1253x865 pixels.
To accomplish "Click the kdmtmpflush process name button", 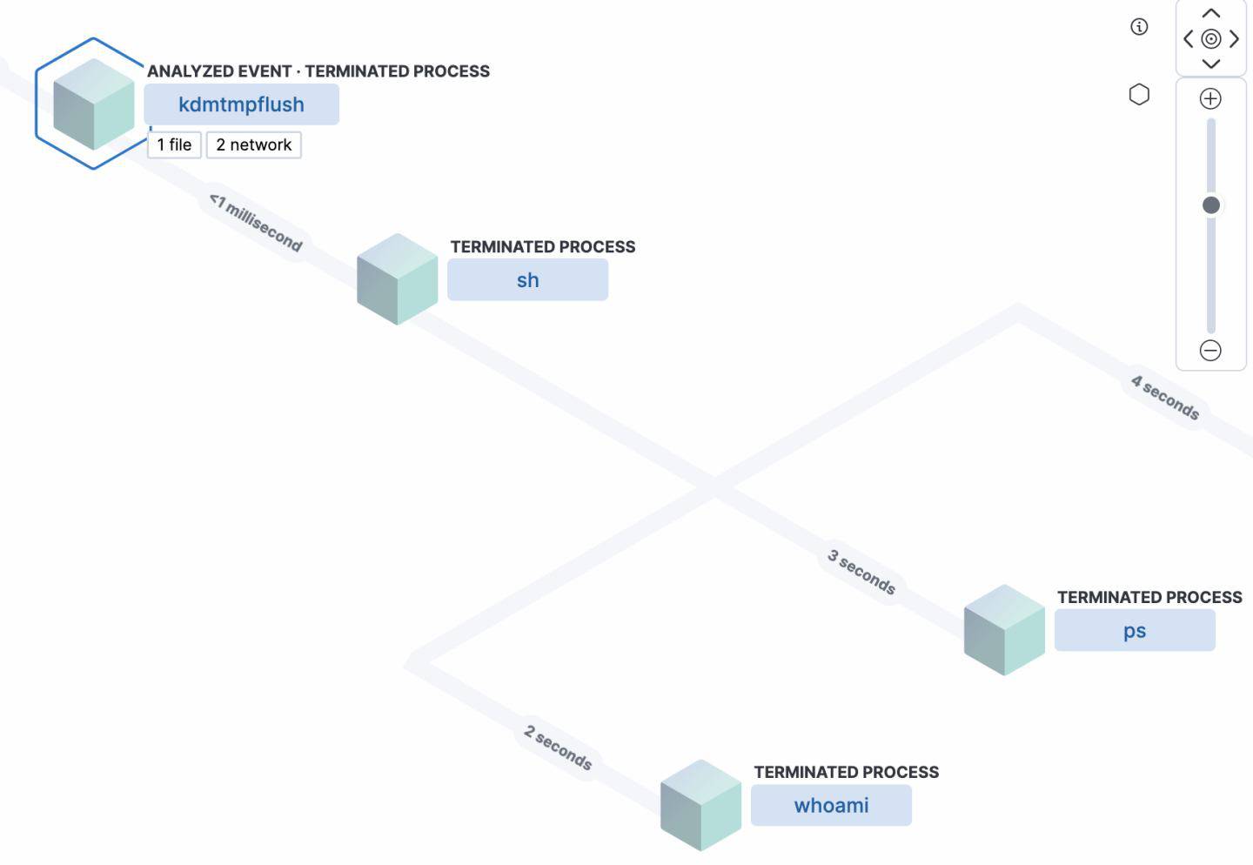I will click(241, 104).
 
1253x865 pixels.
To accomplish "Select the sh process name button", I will click(527, 280).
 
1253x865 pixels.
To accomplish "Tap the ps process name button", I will click(1134, 631).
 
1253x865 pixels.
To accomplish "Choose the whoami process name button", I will click(831, 806).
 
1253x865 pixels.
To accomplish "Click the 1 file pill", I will click(174, 145).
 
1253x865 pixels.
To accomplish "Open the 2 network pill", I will click(254, 145).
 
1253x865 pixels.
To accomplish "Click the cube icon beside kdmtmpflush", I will click(93, 104).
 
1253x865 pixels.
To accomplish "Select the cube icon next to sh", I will click(397, 279).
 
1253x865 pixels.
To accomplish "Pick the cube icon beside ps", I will click(1004, 630).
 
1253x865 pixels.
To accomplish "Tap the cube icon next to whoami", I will click(700, 805).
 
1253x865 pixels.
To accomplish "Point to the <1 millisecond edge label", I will click(256, 223).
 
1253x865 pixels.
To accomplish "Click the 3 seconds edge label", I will click(861, 572).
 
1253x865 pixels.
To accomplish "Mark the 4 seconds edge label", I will click(1165, 398).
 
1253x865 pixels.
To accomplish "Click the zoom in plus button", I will click(1210, 98).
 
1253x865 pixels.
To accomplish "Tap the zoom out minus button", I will click(1210, 351).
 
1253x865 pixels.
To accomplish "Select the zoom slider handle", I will click(1210, 205).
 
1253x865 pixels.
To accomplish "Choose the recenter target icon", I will click(1210, 38).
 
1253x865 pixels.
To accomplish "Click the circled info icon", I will click(1139, 27).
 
